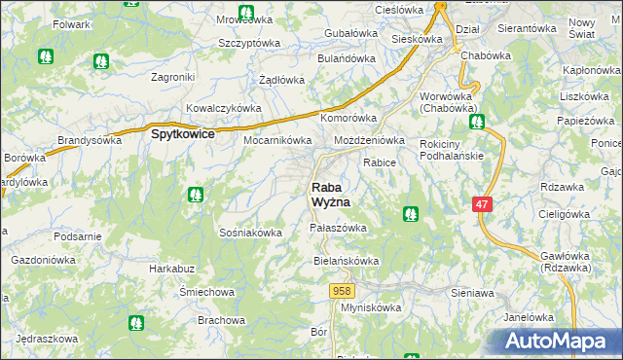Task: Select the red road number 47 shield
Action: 482,204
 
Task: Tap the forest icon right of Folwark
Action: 100,60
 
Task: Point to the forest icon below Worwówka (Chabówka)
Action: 476,123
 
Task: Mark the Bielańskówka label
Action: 346,261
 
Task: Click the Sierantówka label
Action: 526,29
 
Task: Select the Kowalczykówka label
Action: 224,108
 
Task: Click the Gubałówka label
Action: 350,33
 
